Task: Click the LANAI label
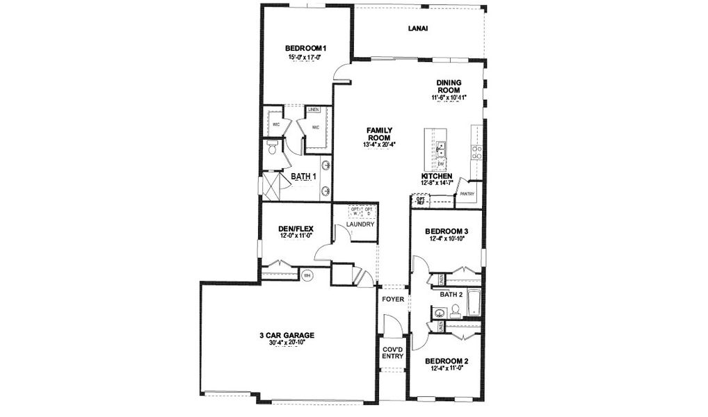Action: (x=417, y=28)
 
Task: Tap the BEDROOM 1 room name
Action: (x=306, y=48)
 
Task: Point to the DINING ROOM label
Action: (x=449, y=86)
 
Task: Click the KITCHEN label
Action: (x=437, y=177)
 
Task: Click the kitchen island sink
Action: (x=441, y=148)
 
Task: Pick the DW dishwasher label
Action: (x=441, y=164)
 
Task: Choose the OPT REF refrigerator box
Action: (x=420, y=200)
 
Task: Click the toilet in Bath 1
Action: (x=273, y=147)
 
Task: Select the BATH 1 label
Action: (x=303, y=177)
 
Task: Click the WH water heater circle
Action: (x=307, y=275)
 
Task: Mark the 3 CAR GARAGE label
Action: (x=287, y=335)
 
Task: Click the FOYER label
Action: (x=393, y=299)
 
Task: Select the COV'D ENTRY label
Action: (x=392, y=353)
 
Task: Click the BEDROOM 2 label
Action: (x=446, y=361)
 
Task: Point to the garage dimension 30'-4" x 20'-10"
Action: (x=287, y=342)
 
